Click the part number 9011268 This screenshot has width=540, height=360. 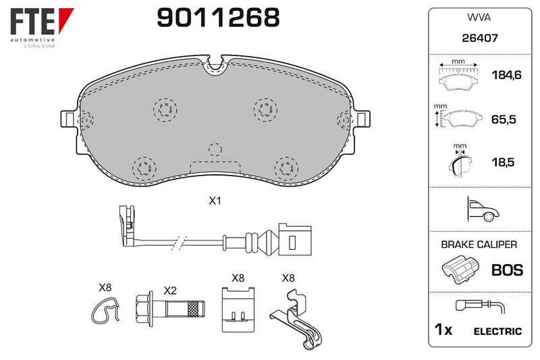pos(218,18)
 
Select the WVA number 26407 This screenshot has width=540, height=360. pos(480,38)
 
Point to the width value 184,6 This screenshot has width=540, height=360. pos(506,75)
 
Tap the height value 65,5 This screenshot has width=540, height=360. pos(504,119)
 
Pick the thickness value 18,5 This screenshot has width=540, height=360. pos(503,162)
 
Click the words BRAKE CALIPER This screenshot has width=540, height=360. pos(479,245)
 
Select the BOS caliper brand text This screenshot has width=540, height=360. pos(508,270)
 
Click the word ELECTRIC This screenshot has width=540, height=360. pos(497,332)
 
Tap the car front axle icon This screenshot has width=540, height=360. pos(483,209)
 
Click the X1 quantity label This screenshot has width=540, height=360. pos(215,201)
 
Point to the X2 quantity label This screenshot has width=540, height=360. pos(170,290)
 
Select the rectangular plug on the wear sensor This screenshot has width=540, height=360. pos(295,240)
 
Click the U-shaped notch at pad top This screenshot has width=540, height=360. pos(215,65)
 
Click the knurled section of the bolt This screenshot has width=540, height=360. pos(193,309)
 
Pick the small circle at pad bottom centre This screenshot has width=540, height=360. pos(215,149)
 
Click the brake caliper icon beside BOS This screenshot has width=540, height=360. pos(460,269)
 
